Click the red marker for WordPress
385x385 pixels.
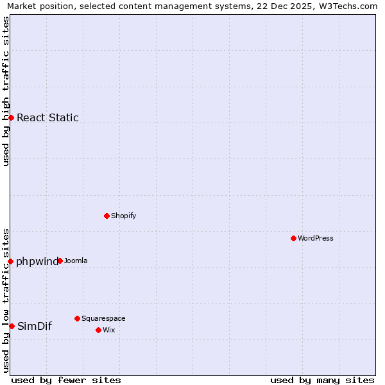(293, 238)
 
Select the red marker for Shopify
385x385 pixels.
(107, 216)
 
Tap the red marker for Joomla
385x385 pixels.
(60, 261)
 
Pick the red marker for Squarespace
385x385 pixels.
(77, 318)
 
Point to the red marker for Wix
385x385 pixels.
(98, 330)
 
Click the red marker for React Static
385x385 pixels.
(11, 117)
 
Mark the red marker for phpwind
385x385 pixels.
(10, 261)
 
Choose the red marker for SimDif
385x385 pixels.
(12, 326)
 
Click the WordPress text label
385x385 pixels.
(316, 238)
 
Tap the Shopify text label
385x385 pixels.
(124, 216)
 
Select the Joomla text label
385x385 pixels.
(76, 261)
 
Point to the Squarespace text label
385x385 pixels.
(103, 318)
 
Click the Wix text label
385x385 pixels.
(109, 330)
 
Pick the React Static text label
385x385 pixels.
(47, 117)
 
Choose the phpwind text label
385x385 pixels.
(37, 261)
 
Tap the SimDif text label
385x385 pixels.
(35, 326)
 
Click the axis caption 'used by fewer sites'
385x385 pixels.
(66, 380)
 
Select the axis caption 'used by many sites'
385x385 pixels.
(322, 380)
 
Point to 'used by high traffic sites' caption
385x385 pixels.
(6, 91)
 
